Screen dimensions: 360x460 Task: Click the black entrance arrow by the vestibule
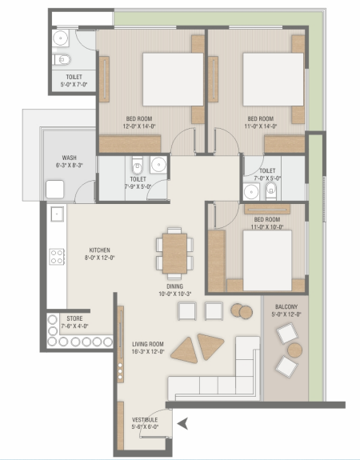click(x=182, y=424)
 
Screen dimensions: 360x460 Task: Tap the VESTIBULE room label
click(x=145, y=419)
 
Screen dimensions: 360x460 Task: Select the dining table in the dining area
click(x=174, y=254)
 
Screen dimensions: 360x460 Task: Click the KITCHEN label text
click(x=99, y=250)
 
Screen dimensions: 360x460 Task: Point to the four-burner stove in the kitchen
click(x=57, y=257)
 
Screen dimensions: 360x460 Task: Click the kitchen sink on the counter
click(x=57, y=214)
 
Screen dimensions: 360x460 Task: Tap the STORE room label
click(x=74, y=318)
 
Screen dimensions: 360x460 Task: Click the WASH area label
click(x=70, y=158)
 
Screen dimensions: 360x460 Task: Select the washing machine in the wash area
click(x=55, y=190)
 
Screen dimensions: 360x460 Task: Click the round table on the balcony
click(x=294, y=350)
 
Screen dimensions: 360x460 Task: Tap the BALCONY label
click(x=286, y=307)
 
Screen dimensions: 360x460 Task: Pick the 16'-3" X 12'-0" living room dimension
click(x=148, y=351)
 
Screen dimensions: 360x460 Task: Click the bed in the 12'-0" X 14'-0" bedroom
click(x=173, y=79)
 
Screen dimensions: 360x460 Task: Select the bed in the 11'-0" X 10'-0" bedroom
click(x=267, y=260)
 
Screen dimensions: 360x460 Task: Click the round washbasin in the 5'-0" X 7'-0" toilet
click(x=61, y=38)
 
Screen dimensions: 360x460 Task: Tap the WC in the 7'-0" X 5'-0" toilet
click(x=271, y=190)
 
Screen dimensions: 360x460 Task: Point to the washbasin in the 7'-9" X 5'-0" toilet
click(x=158, y=165)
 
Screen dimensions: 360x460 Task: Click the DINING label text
click(x=175, y=286)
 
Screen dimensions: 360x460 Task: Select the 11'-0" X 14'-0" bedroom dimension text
click(x=261, y=126)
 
